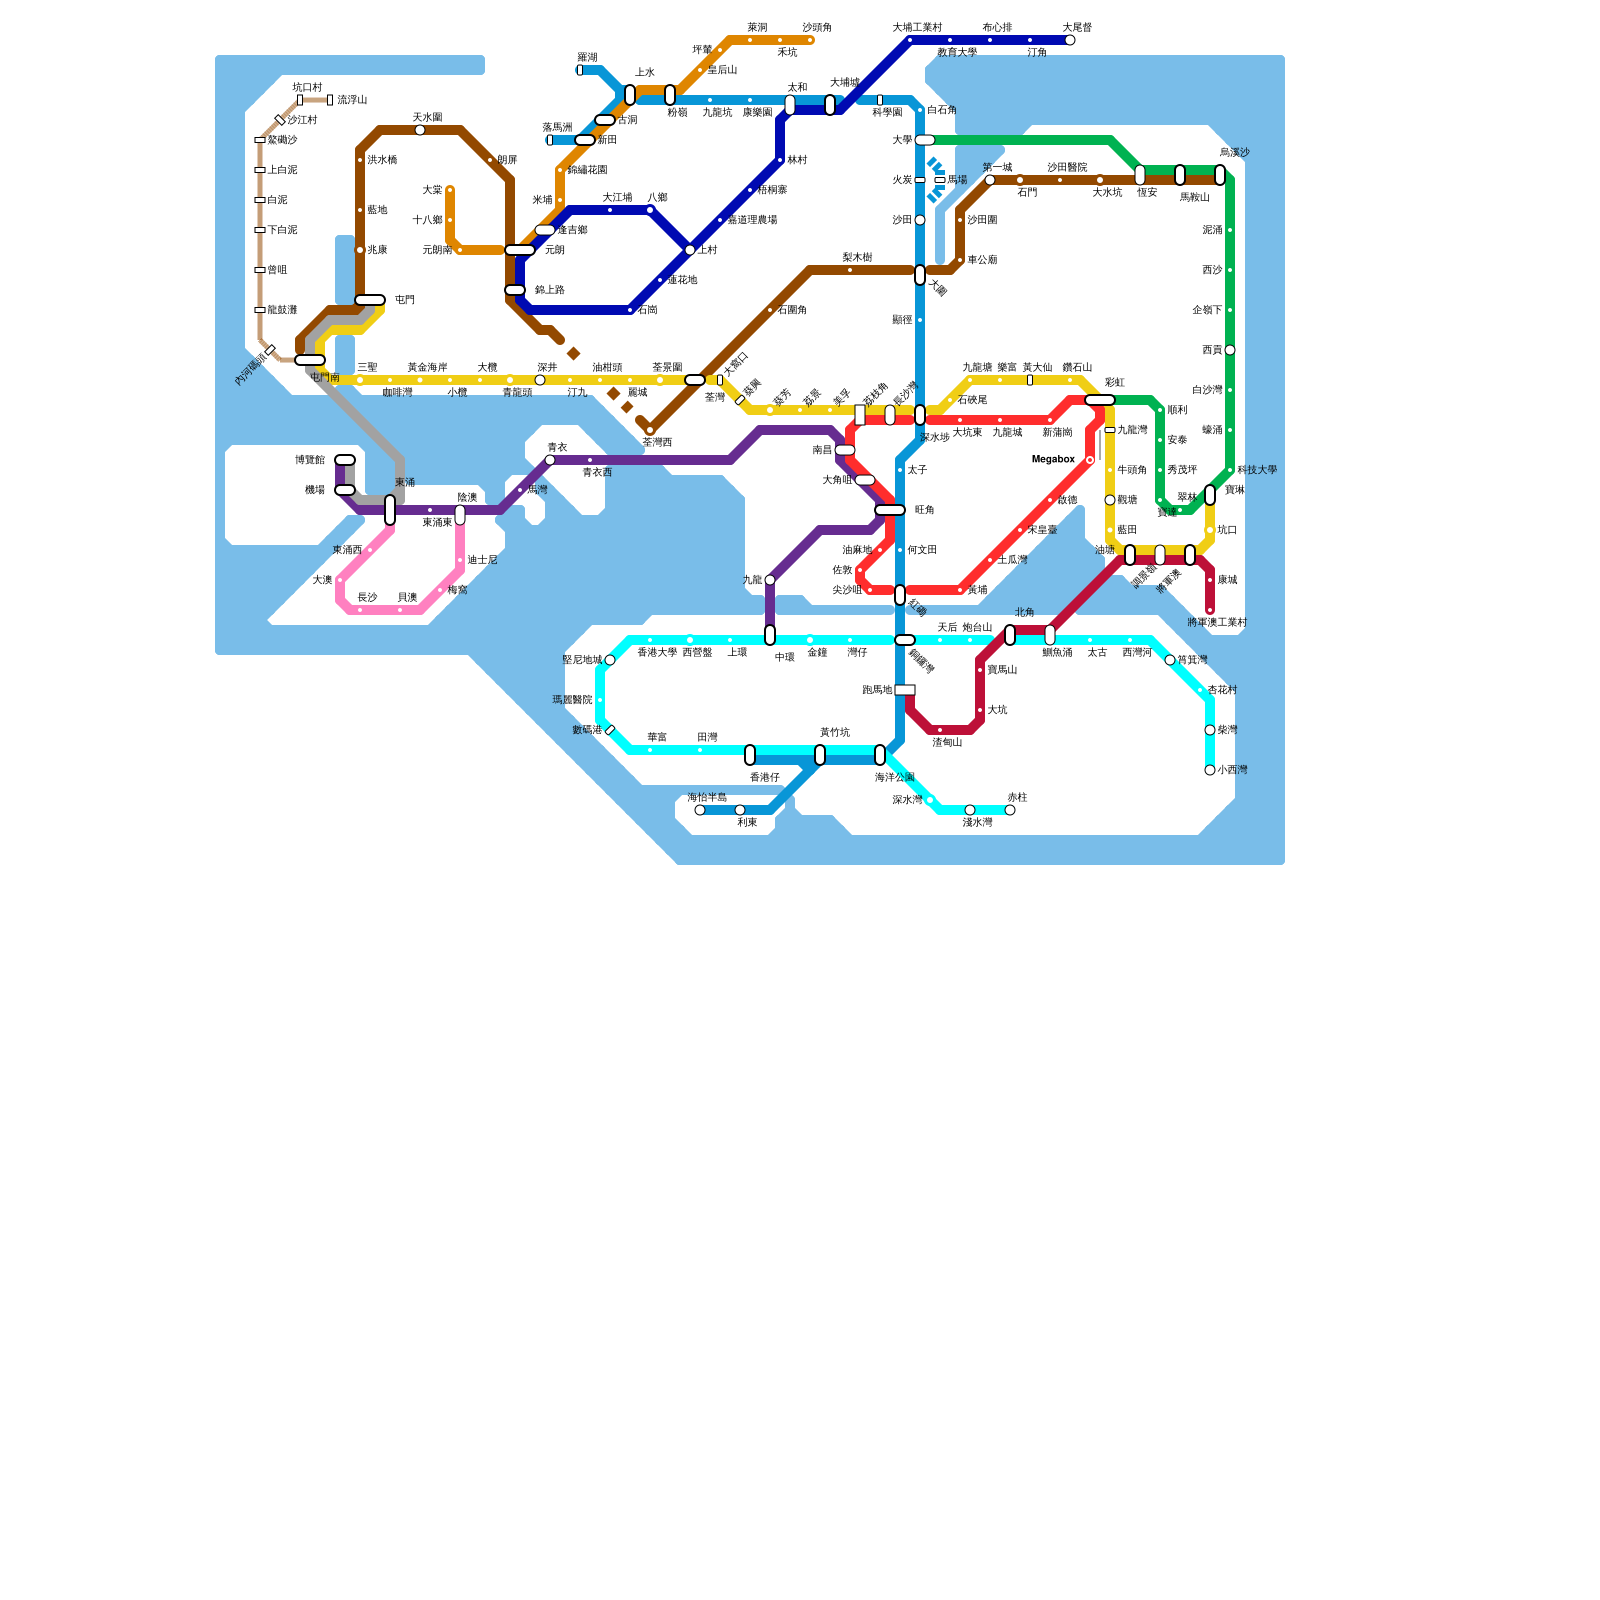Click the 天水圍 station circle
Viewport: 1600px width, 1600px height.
[x=420, y=130]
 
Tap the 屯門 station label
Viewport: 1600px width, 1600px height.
[x=404, y=300]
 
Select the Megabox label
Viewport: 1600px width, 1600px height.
[x=1053, y=460]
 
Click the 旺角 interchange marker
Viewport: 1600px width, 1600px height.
[x=889, y=510]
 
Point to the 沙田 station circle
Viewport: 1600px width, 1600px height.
[x=920, y=220]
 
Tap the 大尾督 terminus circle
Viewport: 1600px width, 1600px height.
[x=1070, y=40]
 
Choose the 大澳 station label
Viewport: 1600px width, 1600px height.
[x=322, y=580]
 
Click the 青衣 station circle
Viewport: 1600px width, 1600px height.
[x=550, y=460]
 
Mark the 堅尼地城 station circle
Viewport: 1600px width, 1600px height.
[x=610, y=660]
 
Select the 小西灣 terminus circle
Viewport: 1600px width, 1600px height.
[x=1210, y=770]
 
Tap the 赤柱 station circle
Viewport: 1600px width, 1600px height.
[x=1010, y=810]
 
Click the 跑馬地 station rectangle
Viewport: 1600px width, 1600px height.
[x=904, y=690]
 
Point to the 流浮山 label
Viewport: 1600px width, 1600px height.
[x=352, y=100]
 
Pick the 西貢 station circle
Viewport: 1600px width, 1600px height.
[x=1230, y=350]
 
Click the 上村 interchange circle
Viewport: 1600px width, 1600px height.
[x=690, y=250]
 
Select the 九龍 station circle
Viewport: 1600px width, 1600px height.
[x=770, y=580]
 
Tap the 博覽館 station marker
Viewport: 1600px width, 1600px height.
[x=345, y=460]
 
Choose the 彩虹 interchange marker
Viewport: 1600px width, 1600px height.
[x=1100, y=400]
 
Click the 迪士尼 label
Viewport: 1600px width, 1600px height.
[x=482, y=560]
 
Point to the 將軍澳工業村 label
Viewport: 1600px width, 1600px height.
[x=1217, y=623]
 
